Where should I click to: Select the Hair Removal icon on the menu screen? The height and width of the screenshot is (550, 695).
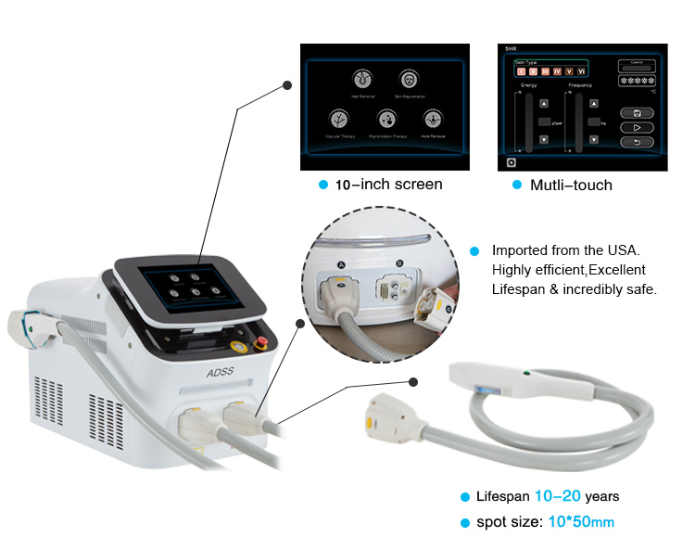(x=362, y=80)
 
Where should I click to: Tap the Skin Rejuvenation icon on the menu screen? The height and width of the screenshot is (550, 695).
(x=409, y=80)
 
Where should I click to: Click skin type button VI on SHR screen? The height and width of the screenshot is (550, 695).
(x=581, y=70)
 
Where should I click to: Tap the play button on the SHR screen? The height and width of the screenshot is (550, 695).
(x=637, y=127)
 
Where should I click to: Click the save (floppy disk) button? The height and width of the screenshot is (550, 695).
(x=637, y=112)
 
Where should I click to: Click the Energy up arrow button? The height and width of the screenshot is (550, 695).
(x=543, y=104)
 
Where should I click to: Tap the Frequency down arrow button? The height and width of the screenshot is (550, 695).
(x=592, y=139)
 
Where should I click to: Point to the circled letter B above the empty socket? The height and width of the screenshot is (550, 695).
(x=399, y=264)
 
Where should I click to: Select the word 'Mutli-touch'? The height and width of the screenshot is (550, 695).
(x=571, y=185)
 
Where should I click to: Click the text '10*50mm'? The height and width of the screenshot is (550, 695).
(x=578, y=522)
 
